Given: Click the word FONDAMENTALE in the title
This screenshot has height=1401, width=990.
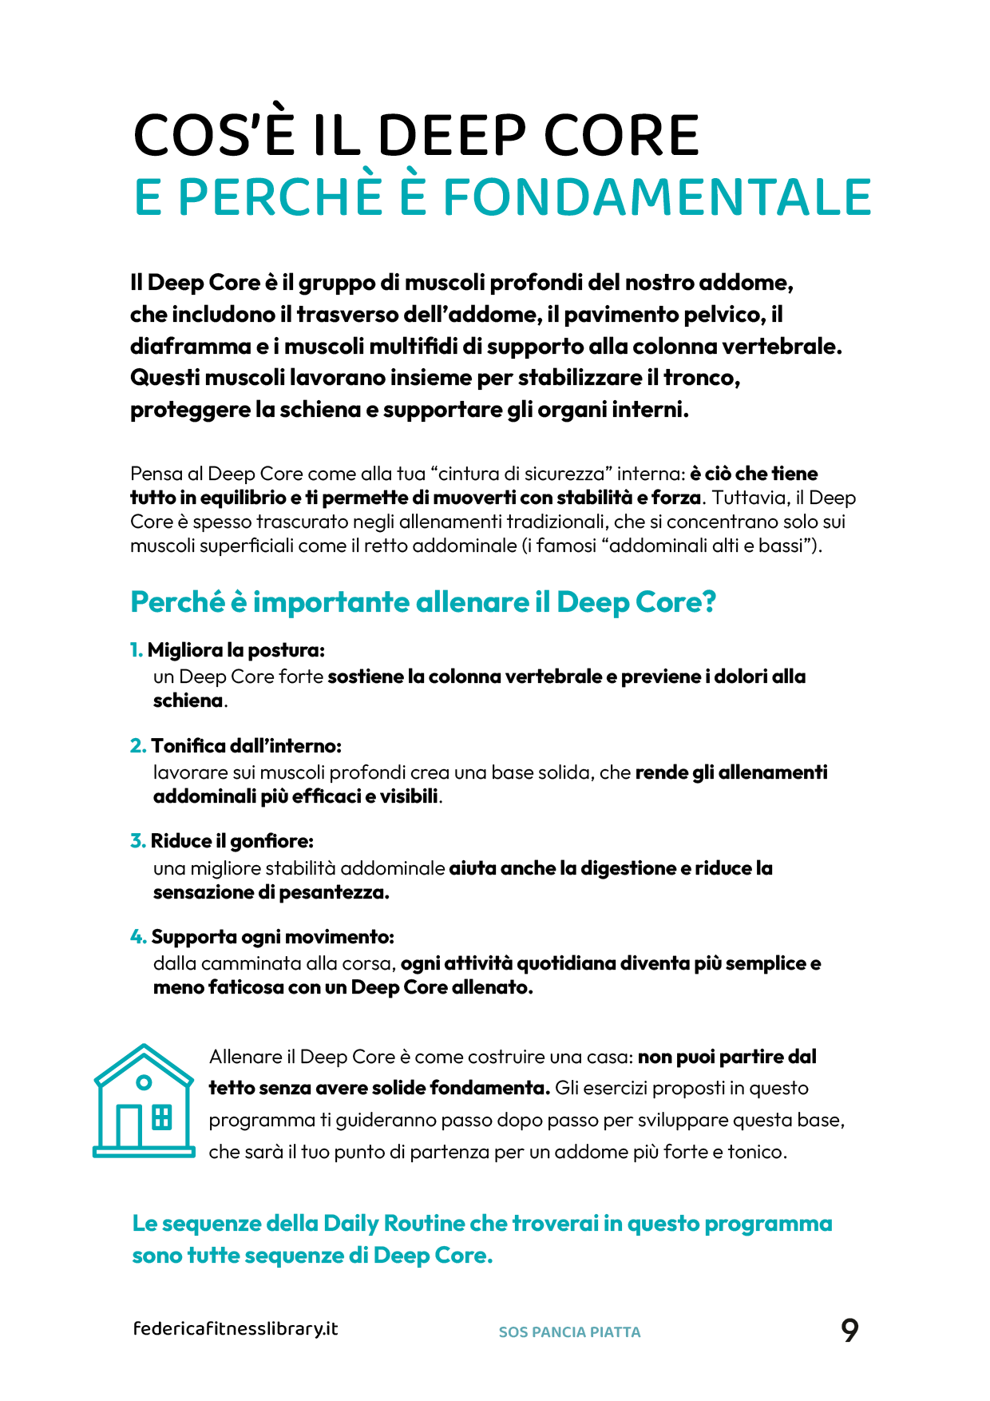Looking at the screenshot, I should pos(657,196).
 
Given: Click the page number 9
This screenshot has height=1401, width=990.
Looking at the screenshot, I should pos(849,1331).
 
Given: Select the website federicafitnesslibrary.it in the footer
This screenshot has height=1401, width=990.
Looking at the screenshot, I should pos(236,1329).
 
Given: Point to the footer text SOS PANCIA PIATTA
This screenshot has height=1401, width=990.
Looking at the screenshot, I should pos(569,1332).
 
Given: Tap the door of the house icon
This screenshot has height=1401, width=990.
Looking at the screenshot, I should pos(129,1126).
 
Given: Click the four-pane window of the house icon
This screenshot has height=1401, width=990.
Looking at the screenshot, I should pos(162,1117).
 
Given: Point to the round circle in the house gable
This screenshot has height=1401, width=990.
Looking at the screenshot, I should pos(144,1083).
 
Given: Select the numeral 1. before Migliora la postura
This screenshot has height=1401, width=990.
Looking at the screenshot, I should pos(137,650).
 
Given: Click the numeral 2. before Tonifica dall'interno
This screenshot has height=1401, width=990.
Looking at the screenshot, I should pos(138,746).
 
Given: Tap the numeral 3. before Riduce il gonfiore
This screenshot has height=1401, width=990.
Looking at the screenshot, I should pos(138,841).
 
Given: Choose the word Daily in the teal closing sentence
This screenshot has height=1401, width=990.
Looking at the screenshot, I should pos(350,1224).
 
